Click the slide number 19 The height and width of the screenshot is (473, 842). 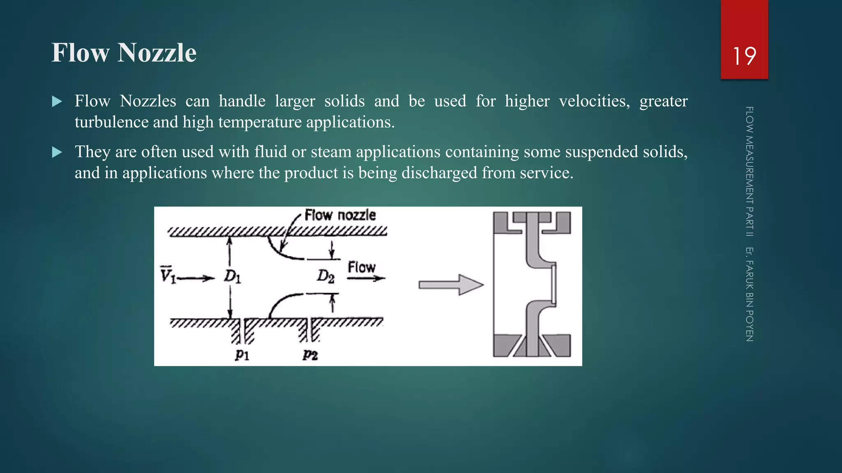click(744, 56)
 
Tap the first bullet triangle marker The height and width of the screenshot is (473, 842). click(57, 101)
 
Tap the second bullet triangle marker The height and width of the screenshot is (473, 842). click(57, 152)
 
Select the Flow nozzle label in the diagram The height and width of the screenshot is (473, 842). click(340, 215)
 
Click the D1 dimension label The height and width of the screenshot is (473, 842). click(232, 277)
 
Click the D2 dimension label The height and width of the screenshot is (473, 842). click(325, 276)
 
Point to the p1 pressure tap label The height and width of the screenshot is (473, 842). click(242, 354)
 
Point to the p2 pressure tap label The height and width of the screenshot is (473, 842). click(310, 354)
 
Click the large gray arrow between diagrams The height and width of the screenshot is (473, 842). click(451, 285)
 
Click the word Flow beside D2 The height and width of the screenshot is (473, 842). click(361, 267)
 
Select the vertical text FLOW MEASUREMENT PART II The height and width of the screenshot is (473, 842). click(749, 171)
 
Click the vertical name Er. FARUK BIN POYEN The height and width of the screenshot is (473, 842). click(749, 294)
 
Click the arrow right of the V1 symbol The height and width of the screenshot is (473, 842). click(196, 278)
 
